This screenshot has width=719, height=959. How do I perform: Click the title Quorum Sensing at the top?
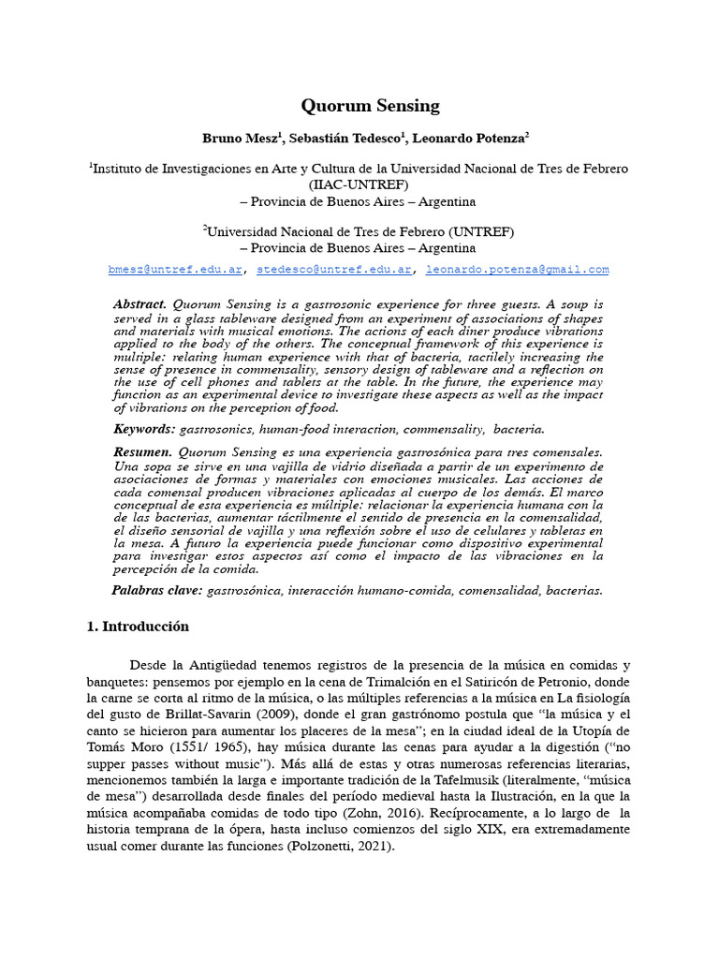coord(370,106)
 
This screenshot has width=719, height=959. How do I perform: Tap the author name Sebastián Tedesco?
coord(345,138)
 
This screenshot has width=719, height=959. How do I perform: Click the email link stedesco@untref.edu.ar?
coord(335,270)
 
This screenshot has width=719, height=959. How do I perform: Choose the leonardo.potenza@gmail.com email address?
coord(517,270)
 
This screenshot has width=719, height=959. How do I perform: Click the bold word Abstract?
coord(139,305)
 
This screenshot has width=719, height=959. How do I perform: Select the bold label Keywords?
coord(143,429)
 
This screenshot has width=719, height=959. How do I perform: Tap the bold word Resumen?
coord(141,452)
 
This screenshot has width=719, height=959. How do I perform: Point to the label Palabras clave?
coord(156,590)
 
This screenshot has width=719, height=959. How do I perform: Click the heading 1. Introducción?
coord(138,627)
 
